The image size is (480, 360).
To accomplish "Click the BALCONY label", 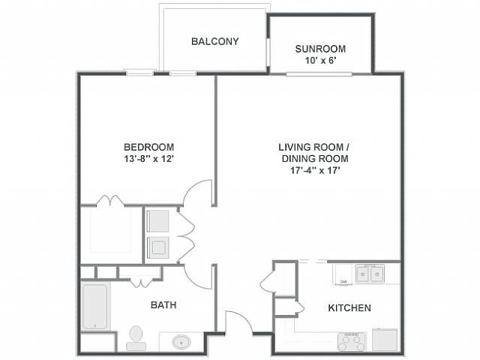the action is click(215, 42).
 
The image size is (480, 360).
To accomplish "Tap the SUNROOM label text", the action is click(320, 49).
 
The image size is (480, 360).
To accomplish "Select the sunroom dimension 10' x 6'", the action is click(321, 61).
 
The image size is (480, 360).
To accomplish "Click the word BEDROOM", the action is click(148, 147).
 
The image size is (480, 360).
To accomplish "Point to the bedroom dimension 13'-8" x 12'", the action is click(149, 159).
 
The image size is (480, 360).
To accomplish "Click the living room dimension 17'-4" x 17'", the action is click(315, 170).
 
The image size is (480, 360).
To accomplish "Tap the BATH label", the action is click(163, 305).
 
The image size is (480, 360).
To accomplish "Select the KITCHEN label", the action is click(349, 308).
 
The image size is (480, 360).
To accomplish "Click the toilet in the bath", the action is click(136, 338).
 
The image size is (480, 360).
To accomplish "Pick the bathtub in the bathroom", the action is click(95, 307).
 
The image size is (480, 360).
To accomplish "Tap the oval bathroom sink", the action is click(181, 342).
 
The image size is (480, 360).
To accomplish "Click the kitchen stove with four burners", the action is click(352, 341).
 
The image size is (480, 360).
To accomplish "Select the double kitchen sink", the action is click(370, 274).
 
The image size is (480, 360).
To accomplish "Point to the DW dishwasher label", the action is click(343, 282).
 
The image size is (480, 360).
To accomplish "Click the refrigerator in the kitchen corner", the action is click(385, 340).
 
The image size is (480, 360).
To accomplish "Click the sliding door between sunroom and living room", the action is click(319, 74).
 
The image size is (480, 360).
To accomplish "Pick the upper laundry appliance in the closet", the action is click(158, 220).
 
